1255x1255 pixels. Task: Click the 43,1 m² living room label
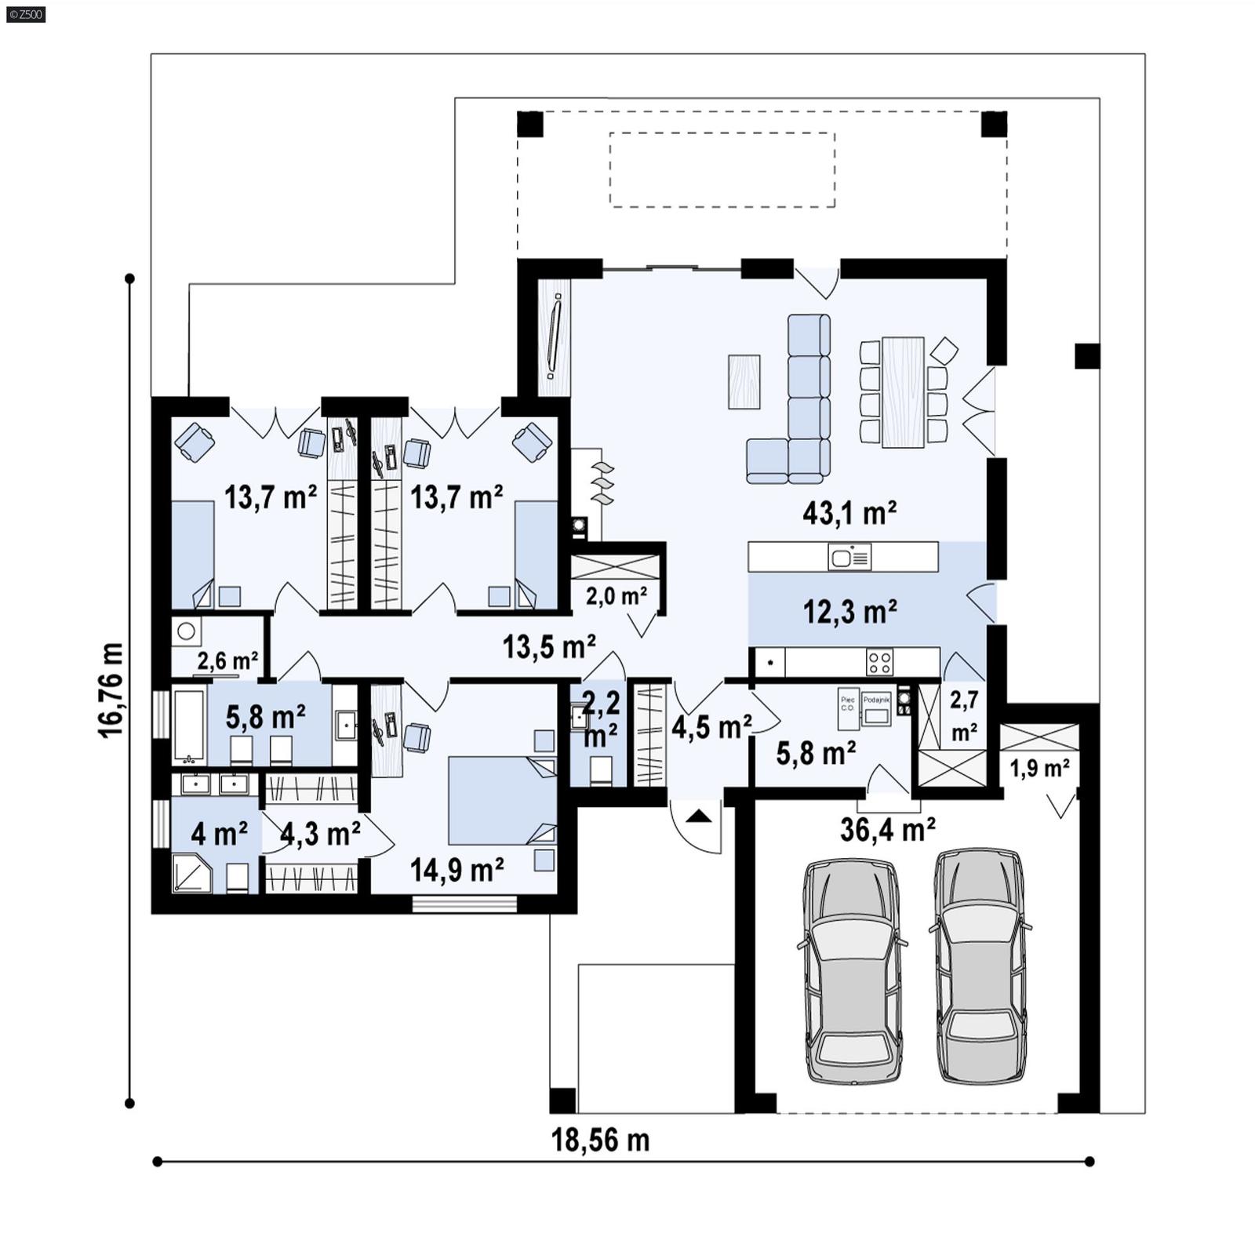pyautogui.click(x=849, y=514)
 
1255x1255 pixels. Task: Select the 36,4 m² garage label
pyautogui.click(x=887, y=829)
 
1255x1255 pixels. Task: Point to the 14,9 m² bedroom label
pyautogui.click(x=457, y=869)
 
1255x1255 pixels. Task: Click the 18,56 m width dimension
pyautogui.click(x=600, y=1140)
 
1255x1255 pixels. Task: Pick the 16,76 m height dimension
pyautogui.click(x=111, y=690)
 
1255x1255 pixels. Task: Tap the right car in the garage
pyautogui.click(x=980, y=966)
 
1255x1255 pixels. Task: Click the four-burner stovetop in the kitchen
pyautogui.click(x=879, y=661)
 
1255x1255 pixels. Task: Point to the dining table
pyautogui.click(x=903, y=392)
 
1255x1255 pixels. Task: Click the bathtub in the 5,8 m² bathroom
pyautogui.click(x=189, y=724)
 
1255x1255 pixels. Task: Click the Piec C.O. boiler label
pyautogui.click(x=848, y=703)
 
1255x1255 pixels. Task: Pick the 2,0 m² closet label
pyautogui.click(x=617, y=596)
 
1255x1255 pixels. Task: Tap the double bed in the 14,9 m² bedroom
pyautogui.click(x=500, y=800)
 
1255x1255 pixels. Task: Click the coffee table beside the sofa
pyautogui.click(x=744, y=382)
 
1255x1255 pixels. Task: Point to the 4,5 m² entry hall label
pyautogui.click(x=711, y=727)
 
